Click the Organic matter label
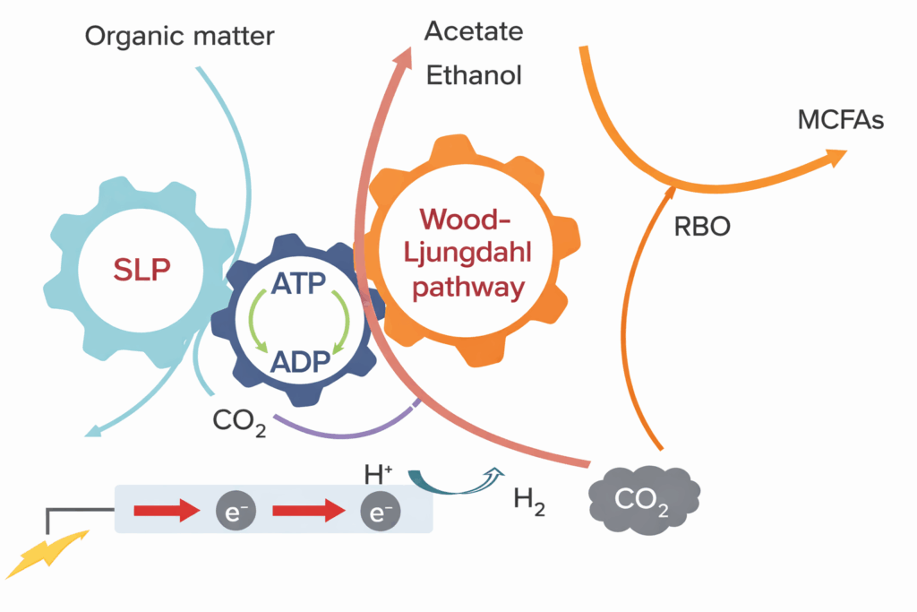179,37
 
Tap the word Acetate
473,31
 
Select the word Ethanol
474,75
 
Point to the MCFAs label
840,119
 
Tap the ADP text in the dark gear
299,363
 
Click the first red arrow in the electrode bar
166,512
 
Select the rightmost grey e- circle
379,512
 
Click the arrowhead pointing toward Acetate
401,63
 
